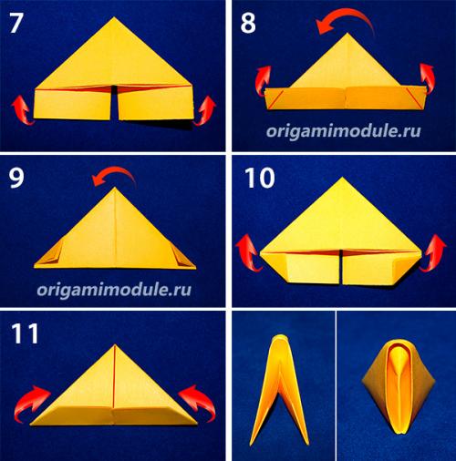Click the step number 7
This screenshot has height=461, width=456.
pos(16,23)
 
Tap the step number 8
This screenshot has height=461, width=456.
pos(248,24)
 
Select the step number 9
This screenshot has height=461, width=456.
pos(16,178)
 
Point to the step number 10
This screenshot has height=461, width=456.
pos(259,179)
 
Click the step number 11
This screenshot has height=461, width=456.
pos(25,333)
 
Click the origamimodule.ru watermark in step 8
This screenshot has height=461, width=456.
pos(344,131)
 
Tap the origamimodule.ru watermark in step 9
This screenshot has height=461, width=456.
pos(114,290)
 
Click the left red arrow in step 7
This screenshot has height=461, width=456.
pos(21,110)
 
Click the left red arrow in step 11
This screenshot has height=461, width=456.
pos(29,403)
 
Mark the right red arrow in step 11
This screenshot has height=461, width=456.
pos(199,402)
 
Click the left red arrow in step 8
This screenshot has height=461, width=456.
pos(262,81)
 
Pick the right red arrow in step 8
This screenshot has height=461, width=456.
pos(427,78)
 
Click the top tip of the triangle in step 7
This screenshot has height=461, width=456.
pos(114,17)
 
